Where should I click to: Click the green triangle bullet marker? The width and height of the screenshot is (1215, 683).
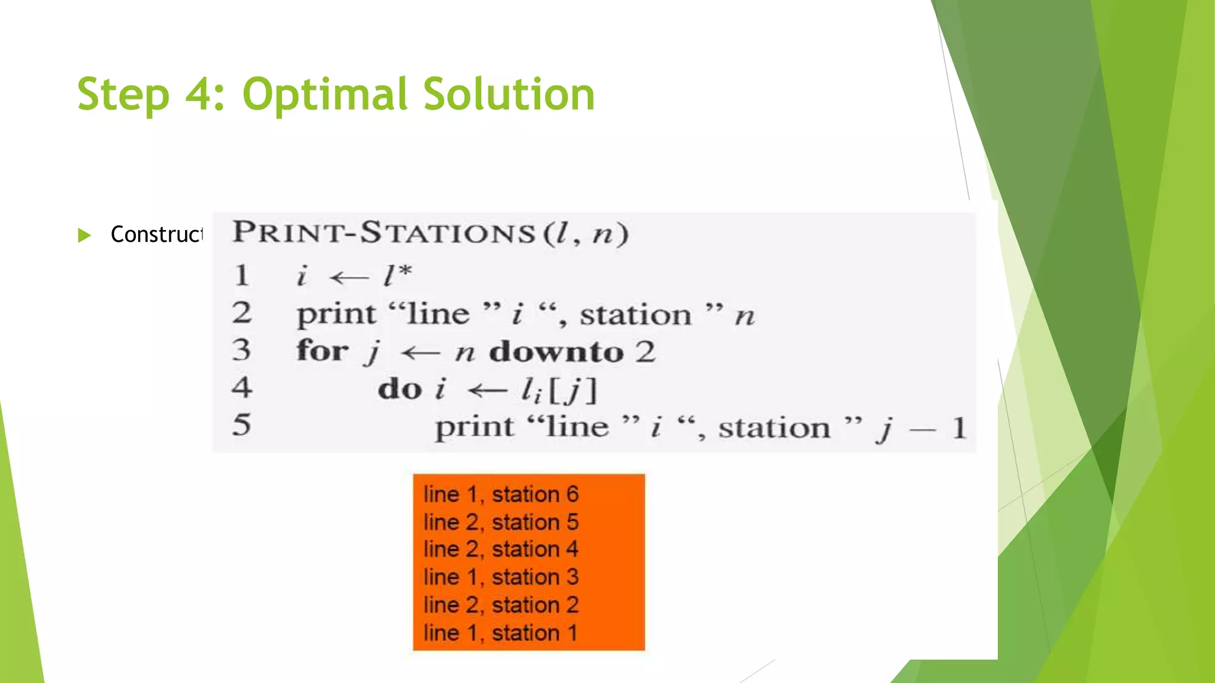tap(84, 235)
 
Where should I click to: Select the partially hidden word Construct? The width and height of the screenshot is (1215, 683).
tap(157, 235)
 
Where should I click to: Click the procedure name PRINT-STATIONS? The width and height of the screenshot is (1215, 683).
tap(384, 232)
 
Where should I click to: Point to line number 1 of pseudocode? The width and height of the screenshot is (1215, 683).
tap(241, 276)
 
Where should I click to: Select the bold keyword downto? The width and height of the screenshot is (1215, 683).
tap(556, 352)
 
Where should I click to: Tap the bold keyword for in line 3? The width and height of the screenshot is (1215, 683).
tap(322, 350)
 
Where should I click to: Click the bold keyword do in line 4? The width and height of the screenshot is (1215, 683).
tap(400, 390)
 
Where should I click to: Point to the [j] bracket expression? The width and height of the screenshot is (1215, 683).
tap(573, 391)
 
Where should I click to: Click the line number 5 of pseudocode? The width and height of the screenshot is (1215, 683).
tap(241, 425)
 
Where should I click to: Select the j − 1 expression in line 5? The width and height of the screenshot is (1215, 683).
tap(921, 428)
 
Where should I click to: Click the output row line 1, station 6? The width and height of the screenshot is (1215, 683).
tap(501, 494)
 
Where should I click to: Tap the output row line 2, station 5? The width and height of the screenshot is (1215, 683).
tap(501, 522)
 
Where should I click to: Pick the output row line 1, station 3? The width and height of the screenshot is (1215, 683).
tap(501, 577)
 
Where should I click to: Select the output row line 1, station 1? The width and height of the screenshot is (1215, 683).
tap(501, 633)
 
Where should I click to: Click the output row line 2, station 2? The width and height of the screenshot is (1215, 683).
tap(501, 605)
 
